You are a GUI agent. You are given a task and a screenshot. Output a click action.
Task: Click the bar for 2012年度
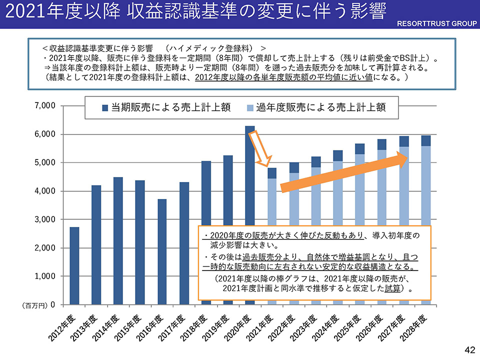(74, 265)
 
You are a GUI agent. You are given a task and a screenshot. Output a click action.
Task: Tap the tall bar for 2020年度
(249, 175)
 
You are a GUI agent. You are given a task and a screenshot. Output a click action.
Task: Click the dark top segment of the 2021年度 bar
(271, 173)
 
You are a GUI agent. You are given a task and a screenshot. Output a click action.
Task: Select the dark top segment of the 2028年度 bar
(425, 140)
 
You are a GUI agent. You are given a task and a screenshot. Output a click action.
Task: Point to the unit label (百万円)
(35, 305)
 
